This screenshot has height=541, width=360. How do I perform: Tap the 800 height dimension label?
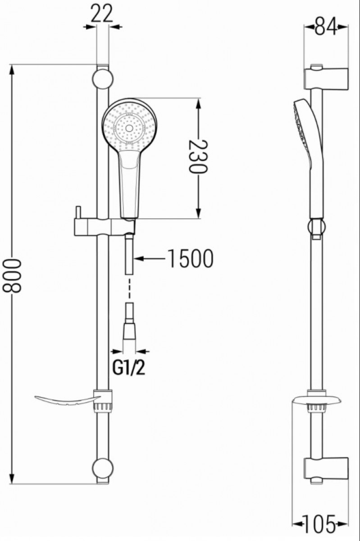click(12, 275)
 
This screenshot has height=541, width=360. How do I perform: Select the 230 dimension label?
click(198, 156)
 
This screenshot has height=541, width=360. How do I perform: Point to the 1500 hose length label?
click(191, 259)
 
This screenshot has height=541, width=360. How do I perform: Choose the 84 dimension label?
click(326, 27)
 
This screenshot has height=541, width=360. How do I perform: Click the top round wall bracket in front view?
click(103, 79)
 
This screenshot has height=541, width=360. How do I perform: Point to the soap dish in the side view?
click(316, 401)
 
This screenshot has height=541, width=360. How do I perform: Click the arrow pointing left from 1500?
click(150, 259)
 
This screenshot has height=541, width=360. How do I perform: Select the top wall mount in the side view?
click(326, 78)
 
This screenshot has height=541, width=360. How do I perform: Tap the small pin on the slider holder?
click(77, 212)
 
